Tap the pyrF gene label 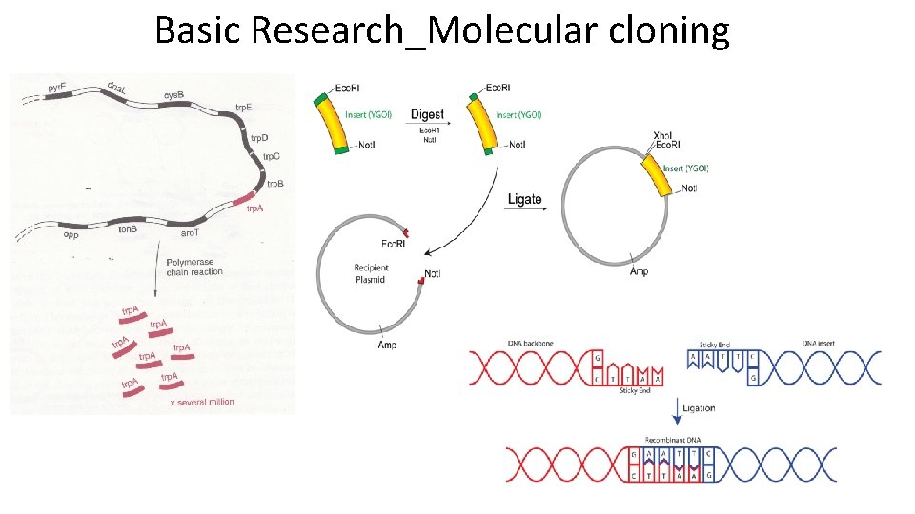pos(58,89)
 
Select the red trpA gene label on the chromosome pos(254,208)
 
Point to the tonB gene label pos(127,229)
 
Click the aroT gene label pos(191,232)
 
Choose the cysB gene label pos(173,96)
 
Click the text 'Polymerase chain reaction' pos(194,266)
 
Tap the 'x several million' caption pos(201,403)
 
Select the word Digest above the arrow pos(427,114)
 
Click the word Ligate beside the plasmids pos(525,200)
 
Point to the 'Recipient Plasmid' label pos(372,274)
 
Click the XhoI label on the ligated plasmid pos(666,135)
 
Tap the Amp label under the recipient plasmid pos(387,344)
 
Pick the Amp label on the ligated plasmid pos(640,272)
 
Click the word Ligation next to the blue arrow pos(699,408)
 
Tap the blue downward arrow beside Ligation pos(677,410)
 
